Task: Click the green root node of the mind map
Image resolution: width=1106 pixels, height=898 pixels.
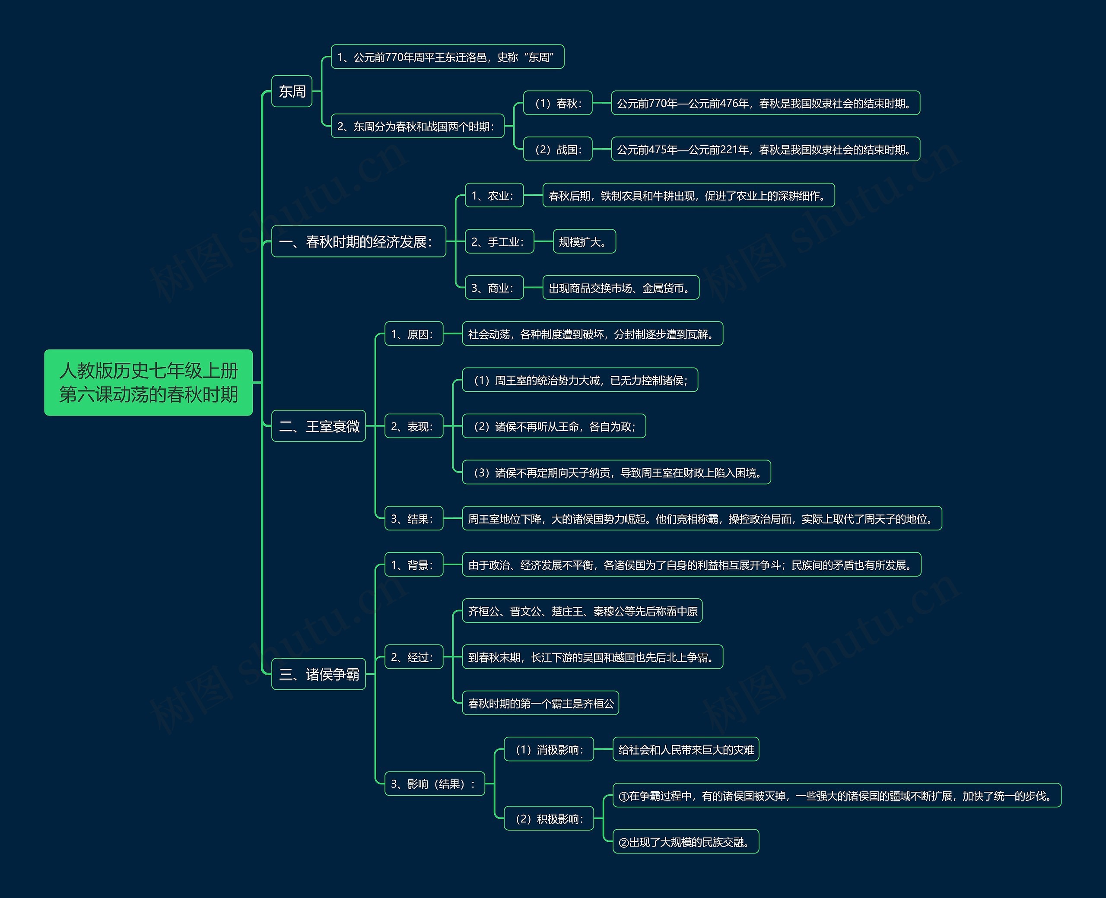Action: point(149,382)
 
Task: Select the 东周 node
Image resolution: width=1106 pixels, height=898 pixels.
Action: point(292,92)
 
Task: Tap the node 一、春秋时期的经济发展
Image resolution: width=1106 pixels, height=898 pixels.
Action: point(359,241)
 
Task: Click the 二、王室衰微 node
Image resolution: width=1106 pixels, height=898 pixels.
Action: point(319,426)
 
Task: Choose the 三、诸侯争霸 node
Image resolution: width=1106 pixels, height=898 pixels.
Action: point(319,674)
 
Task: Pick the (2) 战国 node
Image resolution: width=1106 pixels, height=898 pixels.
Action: point(558,149)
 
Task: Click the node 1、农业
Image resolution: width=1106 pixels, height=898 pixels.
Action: point(494,196)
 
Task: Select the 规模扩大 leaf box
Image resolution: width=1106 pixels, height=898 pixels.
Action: point(585,241)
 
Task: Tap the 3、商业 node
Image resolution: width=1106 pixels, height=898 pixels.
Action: point(494,288)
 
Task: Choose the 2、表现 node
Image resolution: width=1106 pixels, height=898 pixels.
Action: point(414,426)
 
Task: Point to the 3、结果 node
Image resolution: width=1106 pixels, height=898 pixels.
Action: point(414,518)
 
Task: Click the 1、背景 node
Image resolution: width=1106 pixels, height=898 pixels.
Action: point(414,565)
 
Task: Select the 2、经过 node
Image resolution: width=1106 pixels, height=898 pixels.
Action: point(414,657)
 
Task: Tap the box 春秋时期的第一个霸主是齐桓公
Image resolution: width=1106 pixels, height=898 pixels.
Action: point(540,703)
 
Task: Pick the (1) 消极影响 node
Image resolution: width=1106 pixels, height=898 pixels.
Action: point(549,749)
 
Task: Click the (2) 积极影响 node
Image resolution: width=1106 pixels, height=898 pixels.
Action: point(549,819)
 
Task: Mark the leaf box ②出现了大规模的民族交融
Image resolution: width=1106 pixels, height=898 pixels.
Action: point(686,841)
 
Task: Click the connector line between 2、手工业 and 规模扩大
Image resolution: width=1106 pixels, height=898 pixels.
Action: point(543,241)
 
